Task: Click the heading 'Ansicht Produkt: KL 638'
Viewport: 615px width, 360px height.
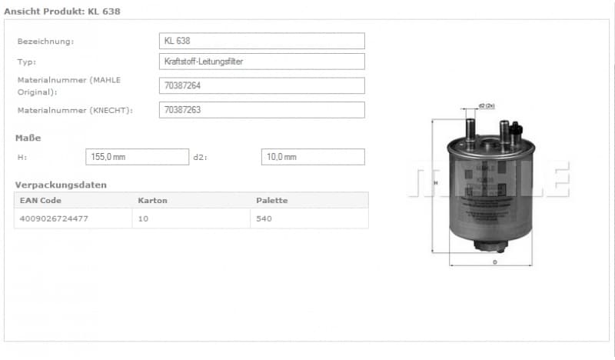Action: (62, 12)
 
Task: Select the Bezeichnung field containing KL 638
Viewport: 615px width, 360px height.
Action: (261, 41)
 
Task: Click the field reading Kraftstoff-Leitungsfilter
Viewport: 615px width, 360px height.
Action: (261, 62)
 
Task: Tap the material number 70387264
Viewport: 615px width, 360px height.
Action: (261, 85)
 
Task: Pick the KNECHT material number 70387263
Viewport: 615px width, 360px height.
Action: (261, 110)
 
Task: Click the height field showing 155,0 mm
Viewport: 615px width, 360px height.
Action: (137, 157)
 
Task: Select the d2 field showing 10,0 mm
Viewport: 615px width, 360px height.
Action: (312, 157)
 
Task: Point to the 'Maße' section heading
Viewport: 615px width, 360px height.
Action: (28, 138)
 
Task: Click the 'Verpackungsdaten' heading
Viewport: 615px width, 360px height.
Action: (61, 185)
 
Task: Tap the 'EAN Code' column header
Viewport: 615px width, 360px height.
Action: (41, 201)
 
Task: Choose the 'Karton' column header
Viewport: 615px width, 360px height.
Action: (152, 201)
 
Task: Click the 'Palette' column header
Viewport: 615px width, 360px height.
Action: (271, 201)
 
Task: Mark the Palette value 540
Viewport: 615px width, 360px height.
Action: (264, 218)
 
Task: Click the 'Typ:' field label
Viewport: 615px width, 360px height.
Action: (27, 62)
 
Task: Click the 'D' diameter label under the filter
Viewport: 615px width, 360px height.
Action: (494, 262)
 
